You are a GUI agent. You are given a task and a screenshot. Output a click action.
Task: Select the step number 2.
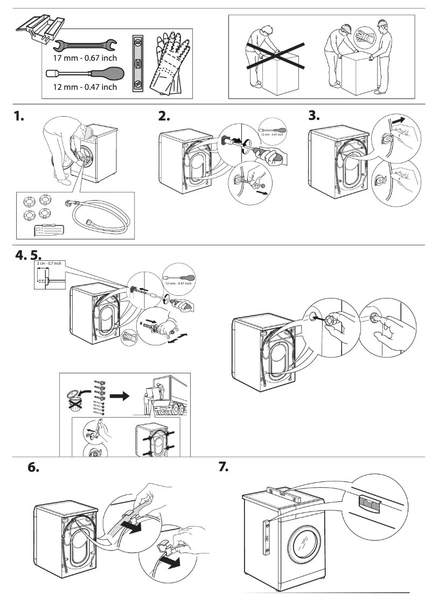tap(165, 117)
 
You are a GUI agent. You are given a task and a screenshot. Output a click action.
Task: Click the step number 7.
tap(224, 467)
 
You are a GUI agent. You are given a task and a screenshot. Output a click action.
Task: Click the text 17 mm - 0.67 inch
tap(85, 58)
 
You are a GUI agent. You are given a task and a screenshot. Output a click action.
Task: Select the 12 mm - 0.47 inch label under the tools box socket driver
tap(85, 87)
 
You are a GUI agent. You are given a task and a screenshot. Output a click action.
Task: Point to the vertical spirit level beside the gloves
tap(138, 63)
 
